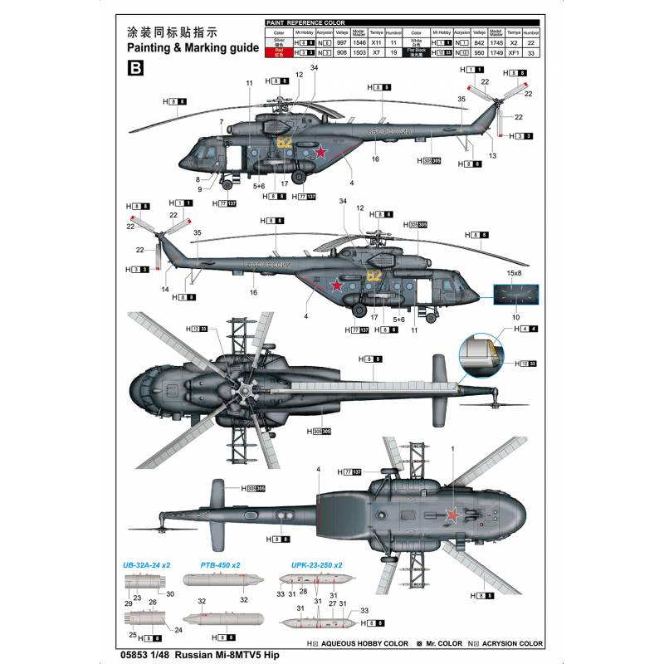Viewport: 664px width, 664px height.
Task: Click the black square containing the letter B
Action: pos(134,70)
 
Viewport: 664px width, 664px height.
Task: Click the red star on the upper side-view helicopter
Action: pos(318,152)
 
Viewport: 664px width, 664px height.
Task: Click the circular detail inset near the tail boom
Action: pos(486,354)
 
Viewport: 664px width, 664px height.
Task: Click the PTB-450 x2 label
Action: pos(220,565)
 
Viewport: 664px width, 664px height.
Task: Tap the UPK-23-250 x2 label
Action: pos(316,565)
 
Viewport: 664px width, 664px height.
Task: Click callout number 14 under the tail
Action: pos(166,290)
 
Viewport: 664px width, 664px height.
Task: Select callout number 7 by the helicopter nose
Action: pos(222,123)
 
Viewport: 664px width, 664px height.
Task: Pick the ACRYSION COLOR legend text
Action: pos(510,643)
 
